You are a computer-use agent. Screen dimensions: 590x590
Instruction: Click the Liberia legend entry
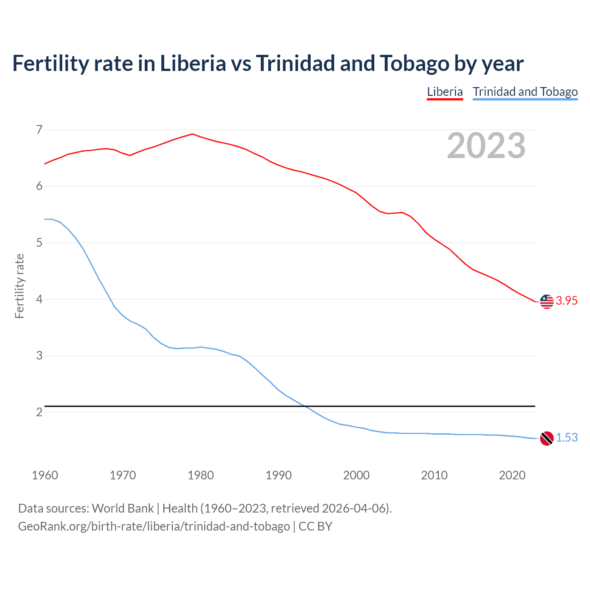(445, 92)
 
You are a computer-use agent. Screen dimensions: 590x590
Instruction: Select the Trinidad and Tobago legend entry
(525, 92)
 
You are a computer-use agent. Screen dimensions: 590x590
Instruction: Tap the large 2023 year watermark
(486, 146)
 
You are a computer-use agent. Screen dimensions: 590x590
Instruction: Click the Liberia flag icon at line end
(547, 301)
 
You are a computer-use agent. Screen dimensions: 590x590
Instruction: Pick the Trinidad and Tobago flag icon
(547, 438)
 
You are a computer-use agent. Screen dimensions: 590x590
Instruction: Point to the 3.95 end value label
(566, 301)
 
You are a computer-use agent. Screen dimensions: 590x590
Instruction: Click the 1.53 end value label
(566, 438)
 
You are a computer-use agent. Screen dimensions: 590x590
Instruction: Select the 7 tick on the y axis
(39, 130)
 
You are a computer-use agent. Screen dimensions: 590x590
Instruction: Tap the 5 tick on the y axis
(39, 243)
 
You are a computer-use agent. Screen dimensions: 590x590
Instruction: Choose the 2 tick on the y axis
(39, 412)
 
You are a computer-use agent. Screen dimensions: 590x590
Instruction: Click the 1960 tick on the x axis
(45, 475)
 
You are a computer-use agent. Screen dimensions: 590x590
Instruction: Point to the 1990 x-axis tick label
(278, 475)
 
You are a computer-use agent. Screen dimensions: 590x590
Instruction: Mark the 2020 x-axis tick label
(512, 475)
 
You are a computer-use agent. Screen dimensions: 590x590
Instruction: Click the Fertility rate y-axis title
(19, 286)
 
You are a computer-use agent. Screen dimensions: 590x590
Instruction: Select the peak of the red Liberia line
(193, 134)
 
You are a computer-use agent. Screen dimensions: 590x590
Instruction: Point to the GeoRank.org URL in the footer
(154, 526)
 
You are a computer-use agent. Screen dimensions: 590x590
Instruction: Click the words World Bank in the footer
(123, 508)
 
